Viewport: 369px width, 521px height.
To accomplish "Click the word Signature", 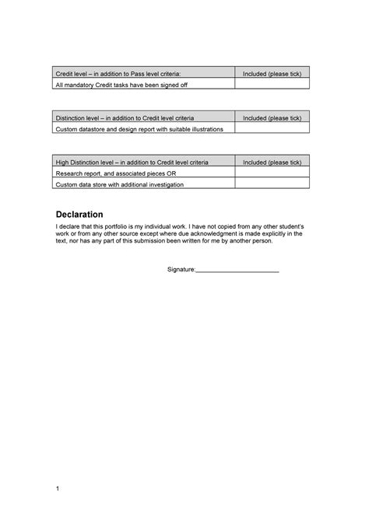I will [x=181, y=268].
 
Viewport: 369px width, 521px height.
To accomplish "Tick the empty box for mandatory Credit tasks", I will [x=272, y=83].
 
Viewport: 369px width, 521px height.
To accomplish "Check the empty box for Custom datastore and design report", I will [x=272, y=128].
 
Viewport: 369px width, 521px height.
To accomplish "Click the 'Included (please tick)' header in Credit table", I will [x=272, y=73].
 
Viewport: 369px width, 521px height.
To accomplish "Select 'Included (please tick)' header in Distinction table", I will [x=272, y=118].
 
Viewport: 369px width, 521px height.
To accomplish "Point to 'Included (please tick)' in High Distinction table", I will [x=272, y=163].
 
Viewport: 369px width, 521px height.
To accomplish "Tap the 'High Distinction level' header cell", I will [x=132, y=163].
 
